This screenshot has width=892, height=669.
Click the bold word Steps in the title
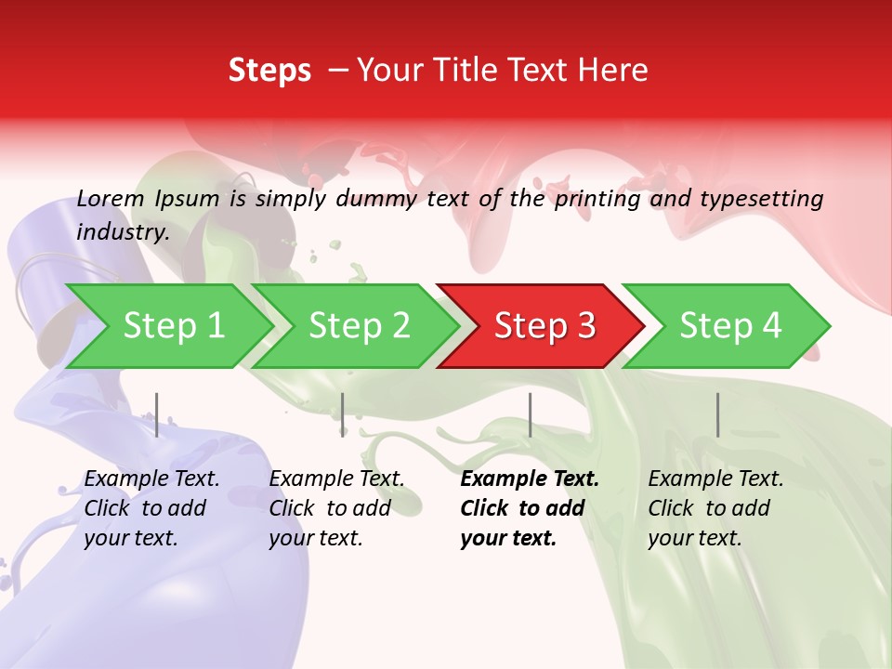(x=269, y=71)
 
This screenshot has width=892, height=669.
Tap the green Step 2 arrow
(x=359, y=326)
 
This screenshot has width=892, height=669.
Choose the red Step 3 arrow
(x=544, y=326)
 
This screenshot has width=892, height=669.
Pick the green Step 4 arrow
(x=730, y=326)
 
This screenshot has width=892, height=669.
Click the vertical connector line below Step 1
(x=157, y=414)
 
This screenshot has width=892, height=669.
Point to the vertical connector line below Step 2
(x=343, y=414)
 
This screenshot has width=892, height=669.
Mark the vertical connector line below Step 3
(x=530, y=414)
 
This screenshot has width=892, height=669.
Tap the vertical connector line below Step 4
(x=717, y=414)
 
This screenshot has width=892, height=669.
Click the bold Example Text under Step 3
(x=530, y=479)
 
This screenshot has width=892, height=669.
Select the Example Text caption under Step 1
(x=151, y=479)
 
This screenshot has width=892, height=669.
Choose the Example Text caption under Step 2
(x=336, y=479)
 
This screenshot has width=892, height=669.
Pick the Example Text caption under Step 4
(x=715, y=479)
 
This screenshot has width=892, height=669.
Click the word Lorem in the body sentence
(x=111, y=199)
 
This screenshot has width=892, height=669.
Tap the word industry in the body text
(x=123, y=232)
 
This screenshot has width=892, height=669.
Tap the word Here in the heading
(x=614, y=71)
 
